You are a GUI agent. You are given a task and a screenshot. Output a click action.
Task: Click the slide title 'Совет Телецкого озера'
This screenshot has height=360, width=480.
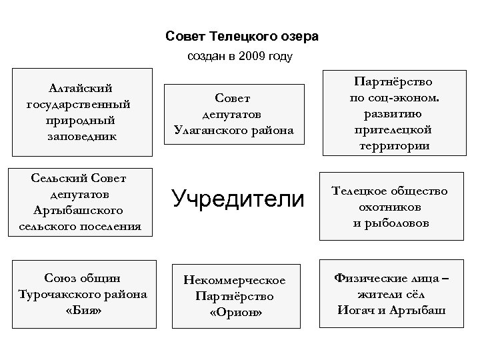click(242, 35)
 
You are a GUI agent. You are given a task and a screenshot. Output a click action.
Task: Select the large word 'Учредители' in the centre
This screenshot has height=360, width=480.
click(237, 197)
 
